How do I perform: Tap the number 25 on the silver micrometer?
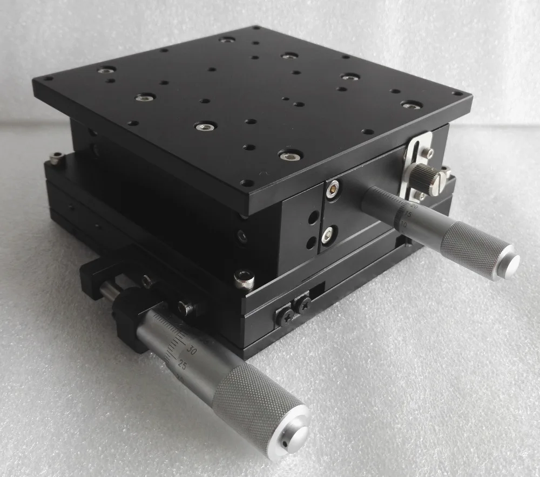click(182, 366)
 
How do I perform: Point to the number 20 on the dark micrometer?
click(414, 206)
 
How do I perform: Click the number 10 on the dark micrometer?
click(404, 223)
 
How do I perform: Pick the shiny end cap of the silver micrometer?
click(295, 435)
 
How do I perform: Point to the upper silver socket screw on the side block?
click(333, 188)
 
